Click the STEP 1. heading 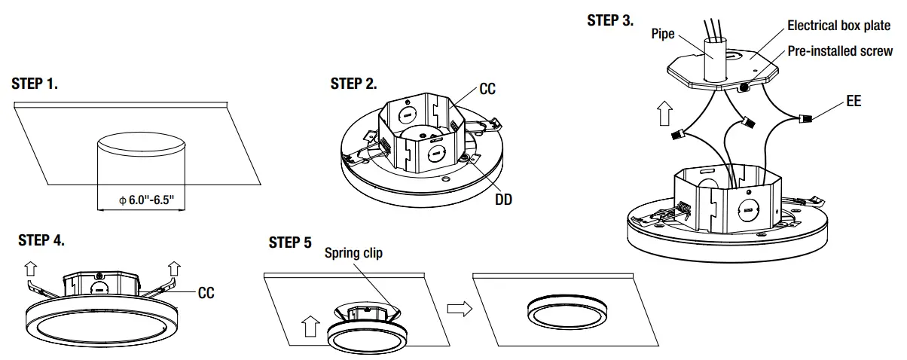tap(35, 84)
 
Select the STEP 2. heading tap(353, 84)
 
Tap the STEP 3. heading tap(609, 21)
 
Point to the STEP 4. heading tap(41, 240)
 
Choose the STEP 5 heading tap(289, 243)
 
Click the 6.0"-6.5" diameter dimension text tap(147, 200)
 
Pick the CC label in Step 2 tap(487, 90)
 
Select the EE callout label tap(854, 100)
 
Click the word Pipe tap(664, 35)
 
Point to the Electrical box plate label tap(838, 26)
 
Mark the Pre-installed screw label tap(840, 51)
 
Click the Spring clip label tap(353, 253)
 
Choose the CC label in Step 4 tap(206, 293)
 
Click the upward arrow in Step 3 tap(664, 115)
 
